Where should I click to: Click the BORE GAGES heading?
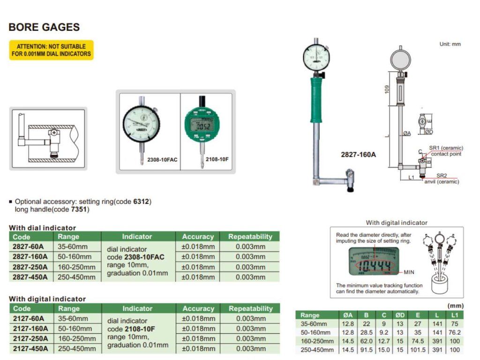coord(44,27)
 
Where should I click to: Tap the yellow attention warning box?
coord(52,50)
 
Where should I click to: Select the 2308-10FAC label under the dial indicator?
coord(162,159)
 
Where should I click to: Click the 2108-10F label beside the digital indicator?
coord(217,159)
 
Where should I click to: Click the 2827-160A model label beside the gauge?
coord(359,154)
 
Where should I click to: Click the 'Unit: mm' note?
coord(450,44)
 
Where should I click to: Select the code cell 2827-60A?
coord(30,247)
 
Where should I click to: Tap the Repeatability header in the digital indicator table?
coord(250,308)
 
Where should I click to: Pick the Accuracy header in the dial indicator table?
coord(198,237)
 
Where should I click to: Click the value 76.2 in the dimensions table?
coord(455,332)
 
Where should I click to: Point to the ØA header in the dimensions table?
coord(348,315)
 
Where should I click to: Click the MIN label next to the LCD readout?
coord(409,272)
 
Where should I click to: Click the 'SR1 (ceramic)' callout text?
coord(446,148)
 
